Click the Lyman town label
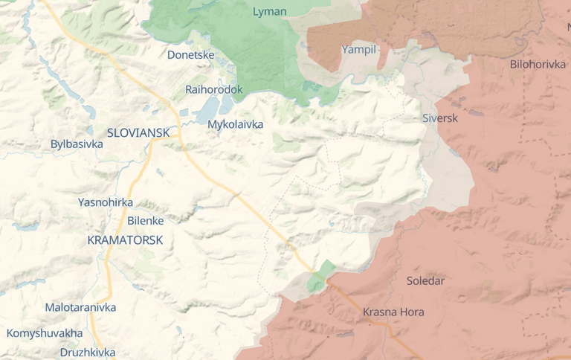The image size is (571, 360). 269,11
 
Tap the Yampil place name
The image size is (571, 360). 359,50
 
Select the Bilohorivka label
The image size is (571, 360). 538,64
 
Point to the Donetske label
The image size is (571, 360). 190,54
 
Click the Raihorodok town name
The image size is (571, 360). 213,89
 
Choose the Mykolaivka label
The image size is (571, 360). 235,124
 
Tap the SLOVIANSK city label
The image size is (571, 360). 138,132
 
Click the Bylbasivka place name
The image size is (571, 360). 77,144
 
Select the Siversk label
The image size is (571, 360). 439,118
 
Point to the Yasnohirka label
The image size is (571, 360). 106,202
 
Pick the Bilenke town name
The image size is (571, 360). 145,220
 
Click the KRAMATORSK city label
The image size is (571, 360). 125,240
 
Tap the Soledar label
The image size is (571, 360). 425,280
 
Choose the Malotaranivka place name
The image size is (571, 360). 80,307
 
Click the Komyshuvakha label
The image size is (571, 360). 45,332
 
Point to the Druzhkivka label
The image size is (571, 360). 87,352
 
